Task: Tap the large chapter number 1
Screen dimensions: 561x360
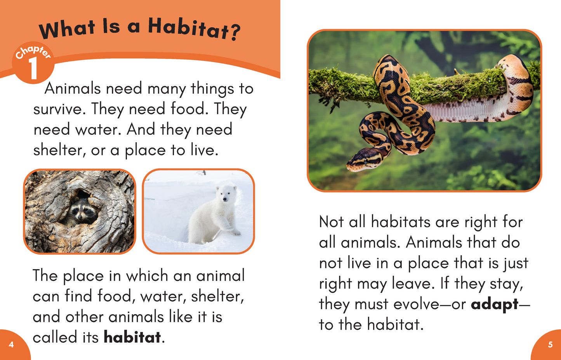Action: pyautogui.click(x=33, y=68)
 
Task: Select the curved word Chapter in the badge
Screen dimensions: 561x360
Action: pyautogui.click(x=33, y=52)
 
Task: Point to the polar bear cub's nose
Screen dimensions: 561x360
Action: pyautogui.click(x=225, y=199)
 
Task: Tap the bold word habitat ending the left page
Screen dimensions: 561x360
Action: pyautogui.click(x=132, y=337)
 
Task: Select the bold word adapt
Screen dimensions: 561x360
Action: pyautogui.click(x=495, y=304)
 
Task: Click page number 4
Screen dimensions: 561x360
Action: pyautogui.click(x=11, y=344)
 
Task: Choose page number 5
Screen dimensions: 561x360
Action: pyautogui.click(x=550, y=345)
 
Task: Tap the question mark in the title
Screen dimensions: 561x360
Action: pyautogui.click(x=235, y=33)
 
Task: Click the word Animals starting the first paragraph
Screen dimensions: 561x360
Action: pyautogui.click(x=72, y=89)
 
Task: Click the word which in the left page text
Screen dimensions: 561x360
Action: pyautogui.click(x=147, y=276)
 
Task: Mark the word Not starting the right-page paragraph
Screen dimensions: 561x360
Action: pyautogui.click(x=331, y=222)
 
